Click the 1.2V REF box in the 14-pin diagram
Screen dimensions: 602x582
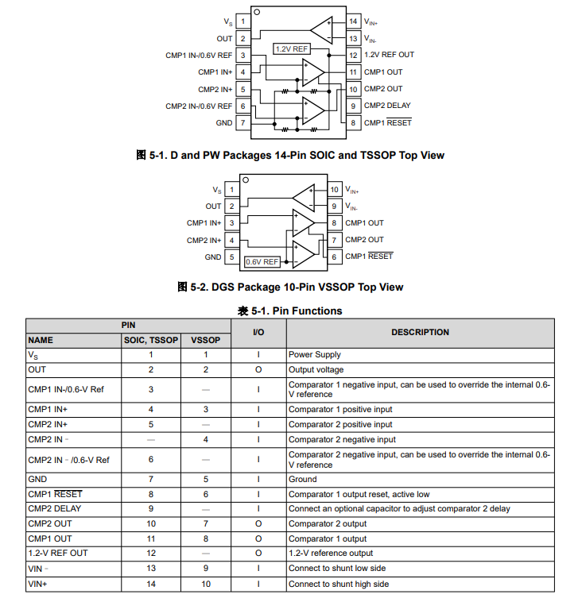point(291,48)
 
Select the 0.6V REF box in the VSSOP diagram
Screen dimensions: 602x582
point(262,261)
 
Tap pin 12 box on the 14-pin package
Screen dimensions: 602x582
point(353,55)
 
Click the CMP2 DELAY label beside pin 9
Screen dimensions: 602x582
point(387,106)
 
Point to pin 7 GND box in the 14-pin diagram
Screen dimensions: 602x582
point(242,123)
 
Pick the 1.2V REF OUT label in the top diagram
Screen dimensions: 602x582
point(389,55)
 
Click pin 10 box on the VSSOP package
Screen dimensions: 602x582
point(335,190)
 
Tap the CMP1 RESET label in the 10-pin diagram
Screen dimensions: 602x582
point(369,257)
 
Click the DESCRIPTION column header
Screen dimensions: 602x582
point(420,332)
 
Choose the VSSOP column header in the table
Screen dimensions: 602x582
point(205,340)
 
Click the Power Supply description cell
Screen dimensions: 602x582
point(315,355)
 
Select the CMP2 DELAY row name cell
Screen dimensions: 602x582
point(54,508)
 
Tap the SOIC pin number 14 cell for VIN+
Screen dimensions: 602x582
point(151,584)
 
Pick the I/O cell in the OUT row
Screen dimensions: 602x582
point(258,369)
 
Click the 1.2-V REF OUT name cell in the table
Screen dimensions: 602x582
point(57,553)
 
